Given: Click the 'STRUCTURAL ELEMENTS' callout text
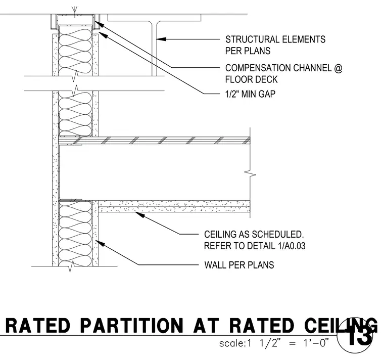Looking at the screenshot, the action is tap(275, 39).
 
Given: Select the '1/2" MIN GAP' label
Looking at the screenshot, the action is tap(250, 94).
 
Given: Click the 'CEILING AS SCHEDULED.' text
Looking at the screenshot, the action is tap(254, 234).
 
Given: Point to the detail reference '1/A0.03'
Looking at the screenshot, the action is tap(292, 246).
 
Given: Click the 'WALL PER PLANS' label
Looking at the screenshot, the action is tap(239, 265).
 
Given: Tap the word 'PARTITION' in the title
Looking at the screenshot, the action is tap(132, 326).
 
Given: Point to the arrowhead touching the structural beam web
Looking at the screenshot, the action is tap(161, 39).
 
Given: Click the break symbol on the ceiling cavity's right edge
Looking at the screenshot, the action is tap(250, 174).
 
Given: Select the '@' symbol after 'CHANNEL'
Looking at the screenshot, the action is tap(338, 68).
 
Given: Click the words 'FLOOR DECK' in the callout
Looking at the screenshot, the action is tap(251, 79).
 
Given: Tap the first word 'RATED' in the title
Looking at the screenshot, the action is tap(38, 326).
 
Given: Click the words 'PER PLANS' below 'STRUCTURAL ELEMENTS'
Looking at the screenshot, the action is tap(248, 51).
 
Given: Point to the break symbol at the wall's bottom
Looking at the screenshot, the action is tap(71, 266).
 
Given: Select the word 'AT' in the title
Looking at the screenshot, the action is tap(206, 326).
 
